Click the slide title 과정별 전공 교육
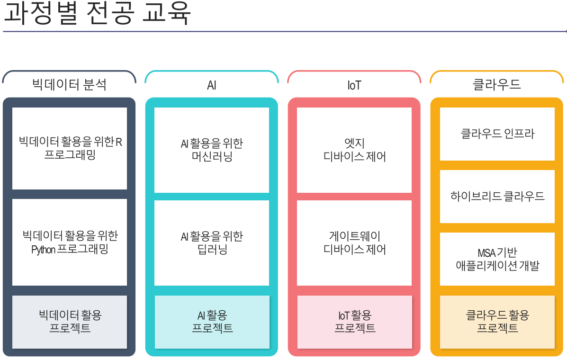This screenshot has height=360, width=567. pyautogui.click(x=97, y=14)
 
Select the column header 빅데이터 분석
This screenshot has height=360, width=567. pyautogui.click(x=69, y=84)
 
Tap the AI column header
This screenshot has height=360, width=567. pyautogui.click(x=212, y=85)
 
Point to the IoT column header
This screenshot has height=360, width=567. pyautogui.click(x=354, y=85)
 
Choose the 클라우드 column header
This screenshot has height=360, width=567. pyautogui.click(x=497, y=84)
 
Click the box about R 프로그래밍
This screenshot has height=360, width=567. pyautogui.click(x=70, y=148)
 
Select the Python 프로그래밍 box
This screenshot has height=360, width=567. pyautogui.click(x=70, y=242)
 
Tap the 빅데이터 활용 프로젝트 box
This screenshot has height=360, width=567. pyautogui.click(x=70, y=322)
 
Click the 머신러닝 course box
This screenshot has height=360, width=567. pyautogui.click(x=212, y=150)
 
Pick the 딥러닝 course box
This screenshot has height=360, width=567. pyautogui.click(x=212, y=243)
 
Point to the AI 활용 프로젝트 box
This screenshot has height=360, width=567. pyautogui.click(x=212, y=322)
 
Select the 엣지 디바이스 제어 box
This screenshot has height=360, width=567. pyautogui.click(x=354, y=150)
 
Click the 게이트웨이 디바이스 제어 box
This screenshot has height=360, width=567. pyautogui.click(x=354, y=243)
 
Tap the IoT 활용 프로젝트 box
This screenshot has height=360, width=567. pyautogui.click(x=354, y=322)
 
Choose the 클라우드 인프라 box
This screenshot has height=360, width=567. pyautogui.click(x=497, y=134)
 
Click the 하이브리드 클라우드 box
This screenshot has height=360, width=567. pyautogui.click(x=497, y=196)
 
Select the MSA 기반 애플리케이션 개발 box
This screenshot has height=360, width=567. pyautogui.click(x=497, y=259)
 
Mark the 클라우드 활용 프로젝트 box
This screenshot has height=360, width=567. pyautogui.click(x=497, y=322)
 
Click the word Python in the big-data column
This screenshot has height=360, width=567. pyautogui.click(x=43, y=250)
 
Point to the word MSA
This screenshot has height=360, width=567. pyautogui.click(x=486, y=253)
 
